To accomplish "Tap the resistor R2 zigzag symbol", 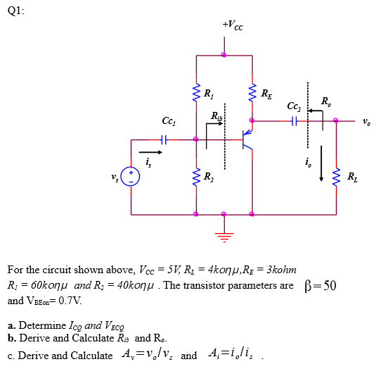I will tap(195, 176).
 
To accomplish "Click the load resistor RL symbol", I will tap(336, 177).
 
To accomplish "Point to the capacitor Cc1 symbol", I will tap(163, 139).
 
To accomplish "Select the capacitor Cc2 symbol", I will tap(295, 121).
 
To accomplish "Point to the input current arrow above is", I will tap(149, 151).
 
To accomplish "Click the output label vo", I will tap(366, 122).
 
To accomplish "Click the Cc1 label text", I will tap(169, 120).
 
